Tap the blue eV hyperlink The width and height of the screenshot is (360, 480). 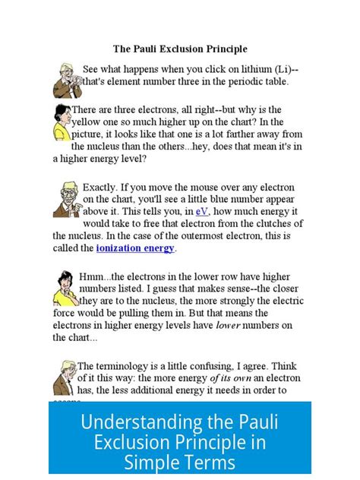tap(201, 211)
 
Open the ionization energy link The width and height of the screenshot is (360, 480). tap(136, 248)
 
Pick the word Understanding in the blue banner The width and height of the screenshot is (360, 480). tap(130, 422)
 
